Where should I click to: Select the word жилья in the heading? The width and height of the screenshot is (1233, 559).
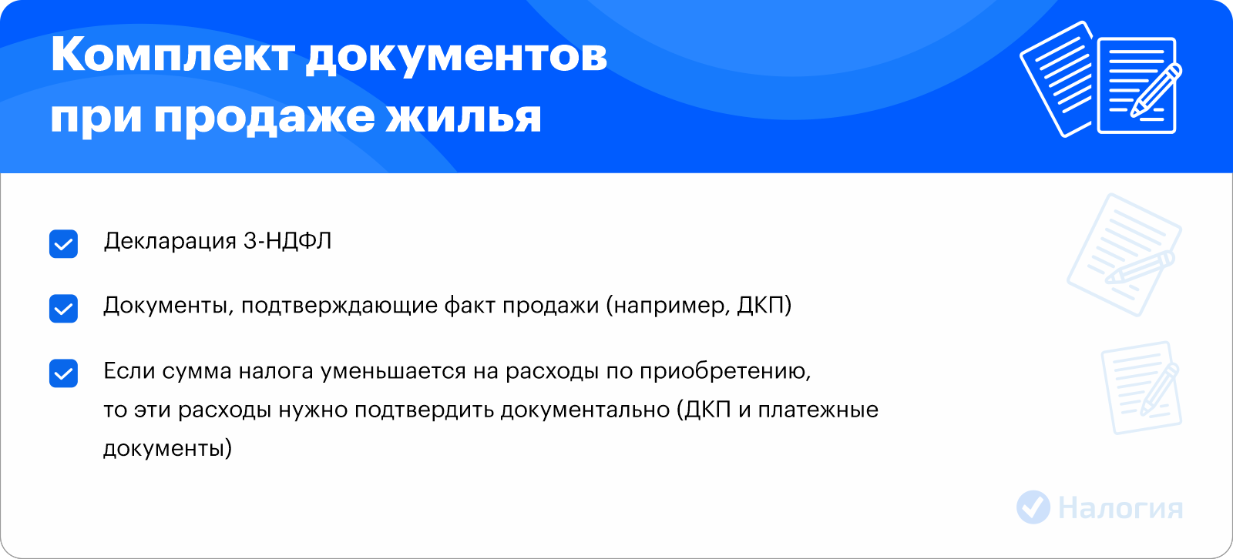(463, 117)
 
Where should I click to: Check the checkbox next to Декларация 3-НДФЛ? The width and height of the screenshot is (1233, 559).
(63, 244)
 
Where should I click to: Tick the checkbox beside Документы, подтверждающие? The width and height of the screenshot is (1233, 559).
(63, 308)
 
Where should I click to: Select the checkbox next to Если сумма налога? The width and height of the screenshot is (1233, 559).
(63, 373)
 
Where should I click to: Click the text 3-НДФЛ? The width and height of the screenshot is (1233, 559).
(287, 242)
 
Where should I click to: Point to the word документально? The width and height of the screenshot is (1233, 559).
(585, 410)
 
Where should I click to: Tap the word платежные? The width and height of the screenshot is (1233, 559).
(818, 410)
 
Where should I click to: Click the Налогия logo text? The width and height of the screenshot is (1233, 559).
(1120, 508)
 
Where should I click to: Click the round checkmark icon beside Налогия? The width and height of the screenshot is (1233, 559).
(1033, 507)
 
